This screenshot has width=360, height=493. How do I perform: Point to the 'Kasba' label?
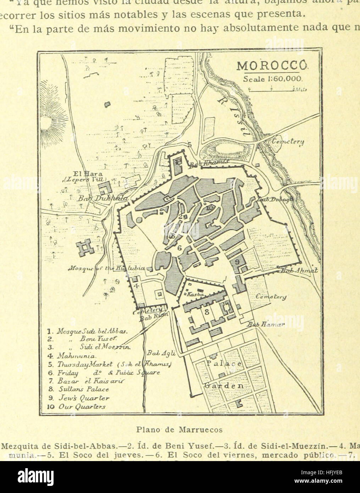[194, 294]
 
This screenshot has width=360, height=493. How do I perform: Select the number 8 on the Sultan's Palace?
[206, 312]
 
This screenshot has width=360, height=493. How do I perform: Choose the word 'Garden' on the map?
[223, 386]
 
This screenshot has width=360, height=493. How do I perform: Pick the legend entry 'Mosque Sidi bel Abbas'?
[87, 332]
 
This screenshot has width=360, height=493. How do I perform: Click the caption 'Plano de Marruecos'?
[179, 430]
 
